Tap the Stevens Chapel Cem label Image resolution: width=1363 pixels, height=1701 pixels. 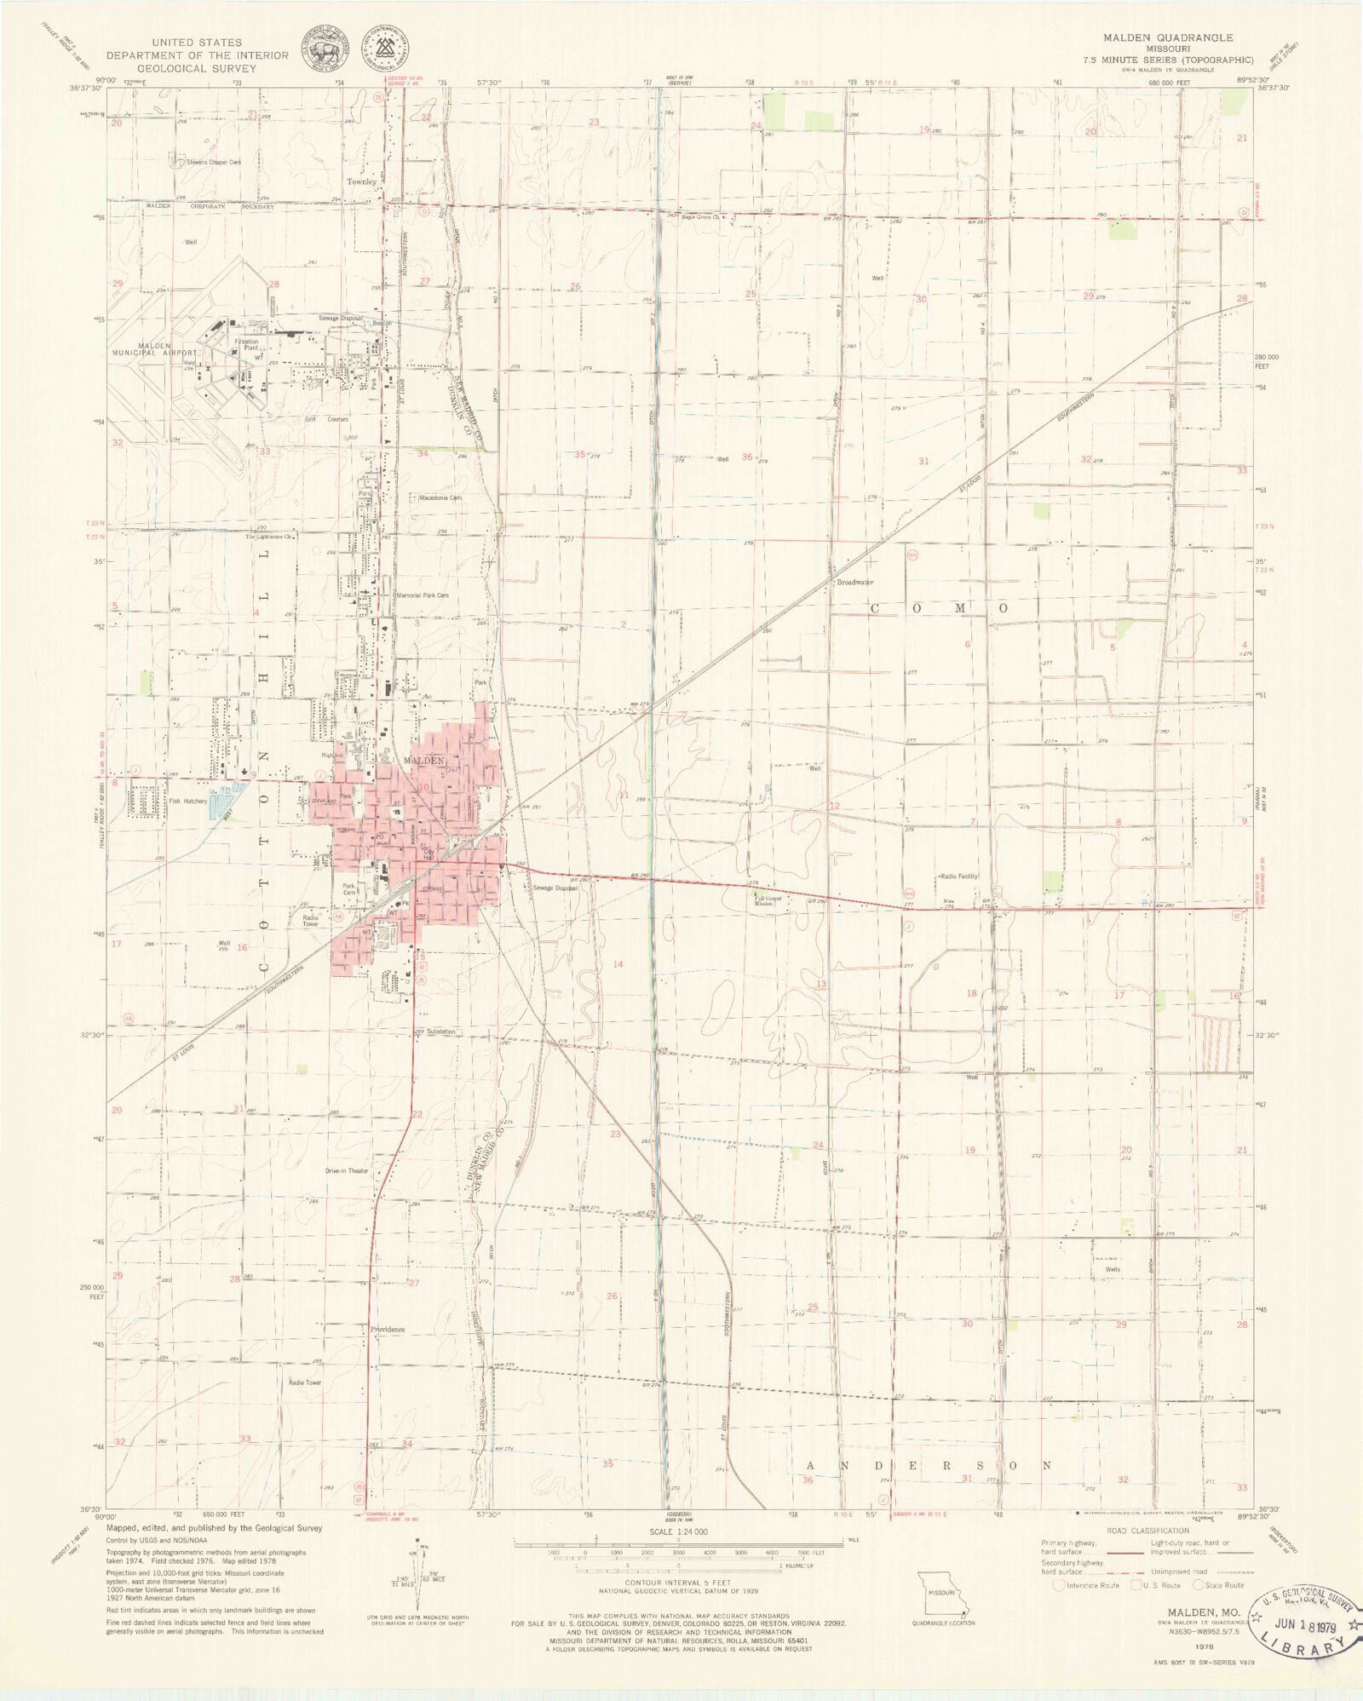(x=214, y=162)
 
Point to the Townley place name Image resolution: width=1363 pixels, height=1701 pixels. (x=361, y=181)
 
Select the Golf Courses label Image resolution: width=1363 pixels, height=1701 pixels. (x=327, y=419)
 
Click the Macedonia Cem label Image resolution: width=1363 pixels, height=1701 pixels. (x=440, y=497)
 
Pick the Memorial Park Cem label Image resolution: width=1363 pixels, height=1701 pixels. (x=423, y=595)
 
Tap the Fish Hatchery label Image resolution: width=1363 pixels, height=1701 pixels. (x=187, y=801)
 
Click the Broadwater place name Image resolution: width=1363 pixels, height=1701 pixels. (x=855, y=583)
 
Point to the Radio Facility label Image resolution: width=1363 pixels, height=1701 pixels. (x=958, y=876)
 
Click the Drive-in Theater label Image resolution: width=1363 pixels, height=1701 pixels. (x=347, y=1170)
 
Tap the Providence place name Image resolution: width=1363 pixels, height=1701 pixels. (x=388, y=1329)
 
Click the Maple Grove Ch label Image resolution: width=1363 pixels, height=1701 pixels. (x=700, y=217)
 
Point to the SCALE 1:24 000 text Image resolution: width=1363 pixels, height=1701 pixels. (x=677, y=1531)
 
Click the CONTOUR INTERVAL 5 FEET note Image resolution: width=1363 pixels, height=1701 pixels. (x=677, y=1582)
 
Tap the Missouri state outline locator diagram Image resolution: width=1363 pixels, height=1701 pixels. (x=942, y=1592)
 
